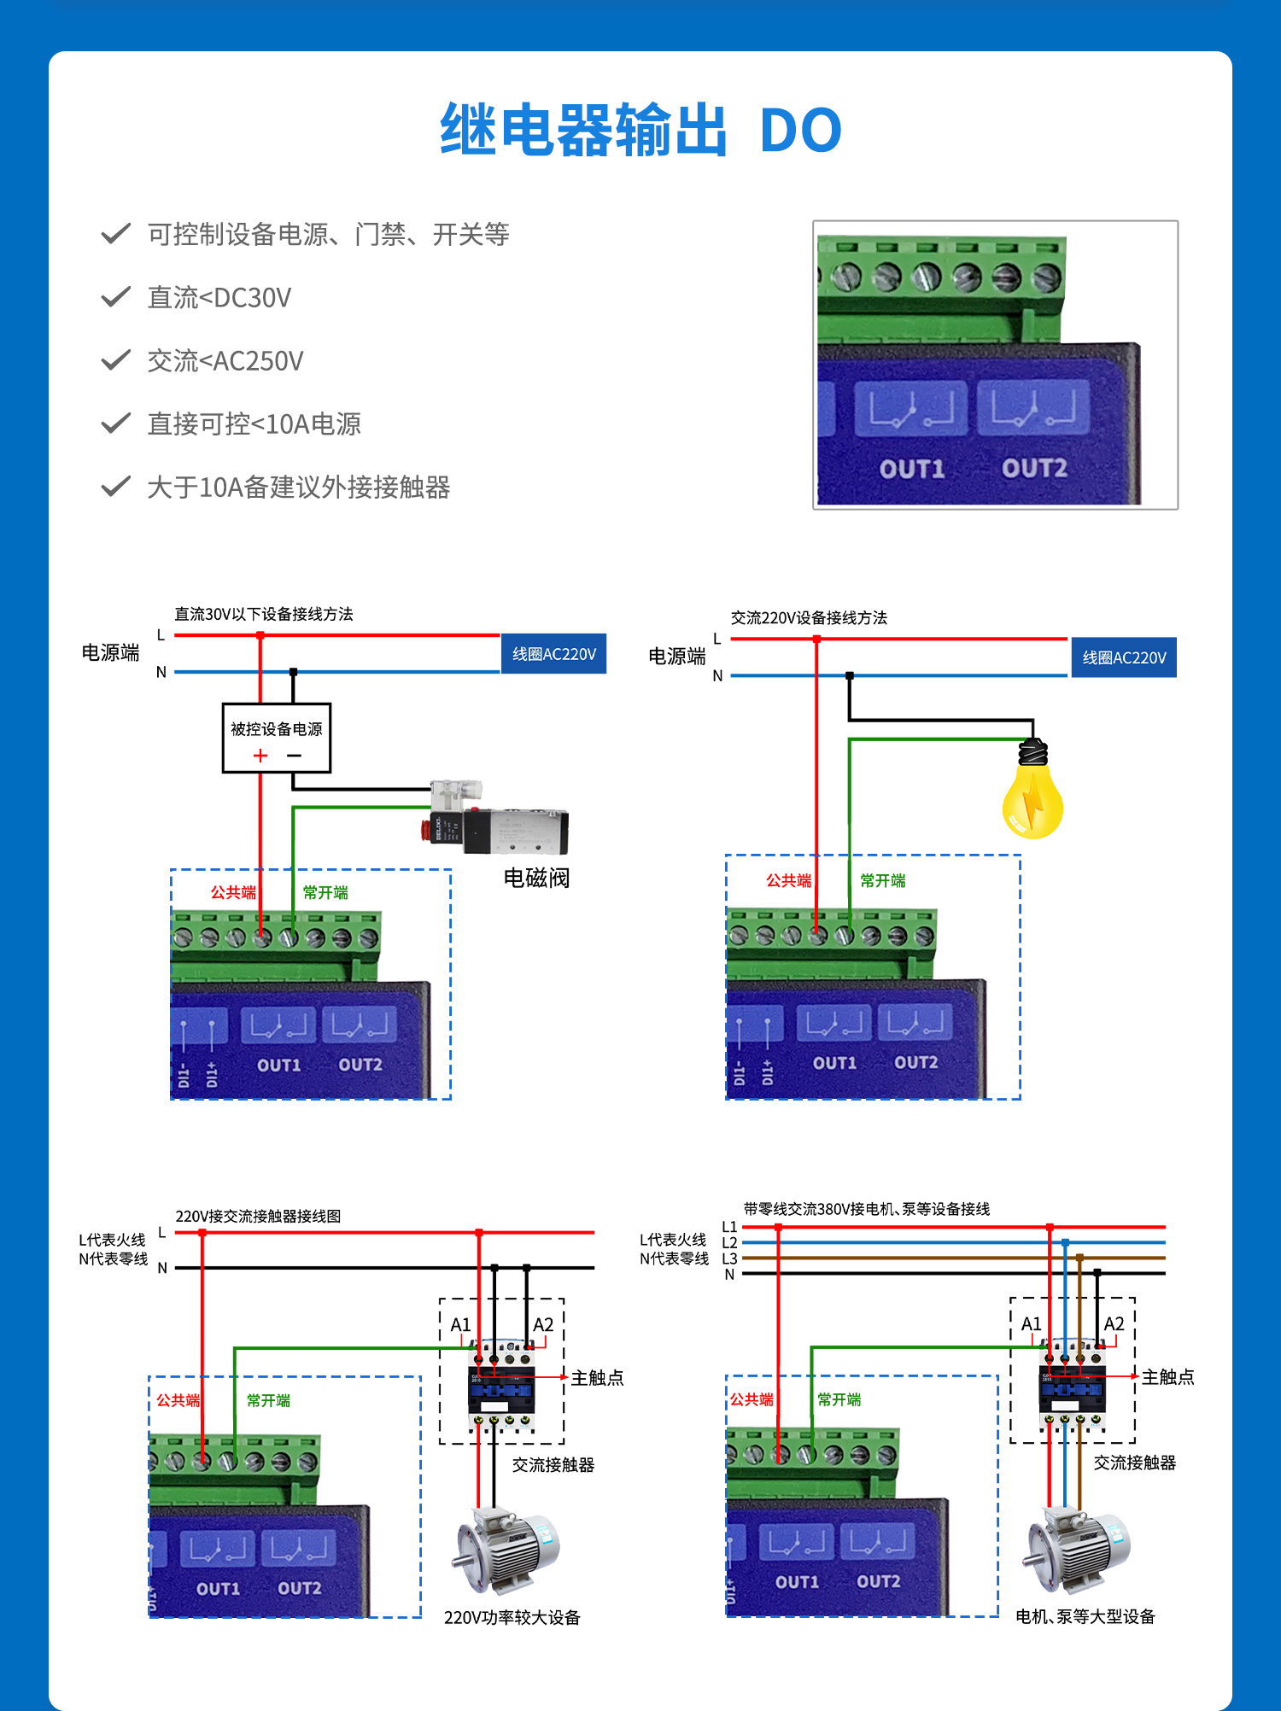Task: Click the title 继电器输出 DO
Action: pos(640,130)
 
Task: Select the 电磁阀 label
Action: pos(536,878)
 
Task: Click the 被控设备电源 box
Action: pos(276,737)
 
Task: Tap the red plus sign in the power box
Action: pos(260,756)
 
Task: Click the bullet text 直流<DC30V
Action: pos(219,298)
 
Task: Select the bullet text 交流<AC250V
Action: pos(225,361)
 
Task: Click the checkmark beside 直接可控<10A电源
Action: pos(115,423)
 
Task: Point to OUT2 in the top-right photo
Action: pos(1034,468)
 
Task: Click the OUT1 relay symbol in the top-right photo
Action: pos(911,409)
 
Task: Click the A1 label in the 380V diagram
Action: pos(1032,1323)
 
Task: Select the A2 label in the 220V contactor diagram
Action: pos(543,1324)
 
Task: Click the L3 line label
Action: pos(729,1258)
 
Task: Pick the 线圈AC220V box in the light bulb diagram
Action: pos(1124,657)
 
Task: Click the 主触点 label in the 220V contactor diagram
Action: pos(597,1377)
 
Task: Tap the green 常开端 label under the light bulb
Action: pos(882,880)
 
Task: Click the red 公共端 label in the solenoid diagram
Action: pos(233,892)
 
